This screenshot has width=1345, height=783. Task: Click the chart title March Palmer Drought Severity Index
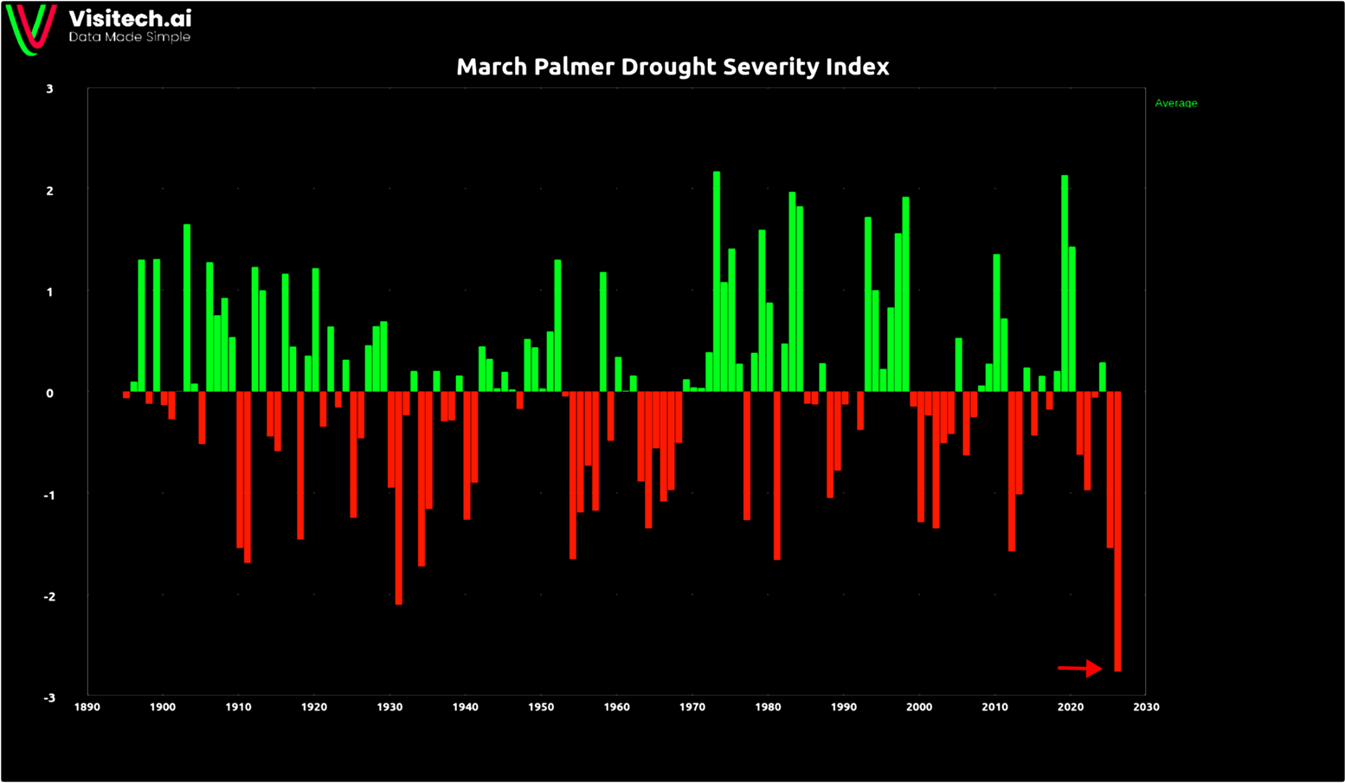672,67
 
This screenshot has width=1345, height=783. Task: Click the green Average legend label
1175,103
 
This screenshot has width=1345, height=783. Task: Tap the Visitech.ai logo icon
32,28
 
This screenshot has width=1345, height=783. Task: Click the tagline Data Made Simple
129,37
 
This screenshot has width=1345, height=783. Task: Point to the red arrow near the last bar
1080,668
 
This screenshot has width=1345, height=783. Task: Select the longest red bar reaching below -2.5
1117,531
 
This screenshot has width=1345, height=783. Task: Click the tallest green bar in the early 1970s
717,281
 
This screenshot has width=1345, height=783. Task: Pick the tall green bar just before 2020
1065,284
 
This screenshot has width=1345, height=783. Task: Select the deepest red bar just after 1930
398,497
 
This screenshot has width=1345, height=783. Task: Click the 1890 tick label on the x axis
87,707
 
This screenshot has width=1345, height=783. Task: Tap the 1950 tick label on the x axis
541,707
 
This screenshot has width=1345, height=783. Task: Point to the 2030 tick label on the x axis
1146,707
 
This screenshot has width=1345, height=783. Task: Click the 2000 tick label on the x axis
919,707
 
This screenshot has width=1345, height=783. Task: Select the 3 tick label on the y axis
50,89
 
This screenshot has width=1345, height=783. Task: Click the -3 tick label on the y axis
48,698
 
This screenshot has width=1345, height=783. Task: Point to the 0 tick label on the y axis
50,394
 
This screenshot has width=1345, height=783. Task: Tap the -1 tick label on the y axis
48,495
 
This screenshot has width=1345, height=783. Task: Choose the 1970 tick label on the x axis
692,707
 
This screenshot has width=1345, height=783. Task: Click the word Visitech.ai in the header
130,18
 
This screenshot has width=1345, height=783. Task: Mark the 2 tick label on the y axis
50,191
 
